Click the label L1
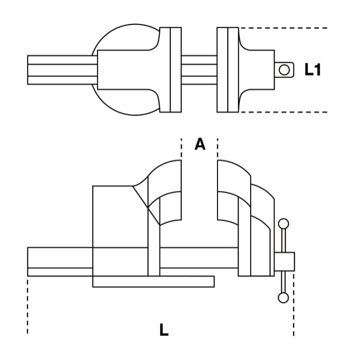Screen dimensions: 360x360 click(312, 70)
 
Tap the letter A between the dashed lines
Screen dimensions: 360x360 click(200, 144)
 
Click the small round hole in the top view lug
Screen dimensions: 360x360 click(285, 70)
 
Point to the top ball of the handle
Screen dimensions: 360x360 click(284, 224)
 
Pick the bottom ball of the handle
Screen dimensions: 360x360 click(283, 298)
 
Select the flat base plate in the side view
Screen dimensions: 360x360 click(153, 282)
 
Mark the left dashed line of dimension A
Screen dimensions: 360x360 click(181, 149)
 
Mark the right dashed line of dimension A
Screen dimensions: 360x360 click(217, 149)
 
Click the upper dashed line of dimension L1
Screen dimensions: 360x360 click(283, 28)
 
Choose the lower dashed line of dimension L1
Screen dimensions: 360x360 click(283, 112)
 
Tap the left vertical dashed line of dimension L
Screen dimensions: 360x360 click(28, 307)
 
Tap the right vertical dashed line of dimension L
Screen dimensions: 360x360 click(293, 307)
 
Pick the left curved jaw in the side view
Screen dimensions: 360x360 click(166, 192)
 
